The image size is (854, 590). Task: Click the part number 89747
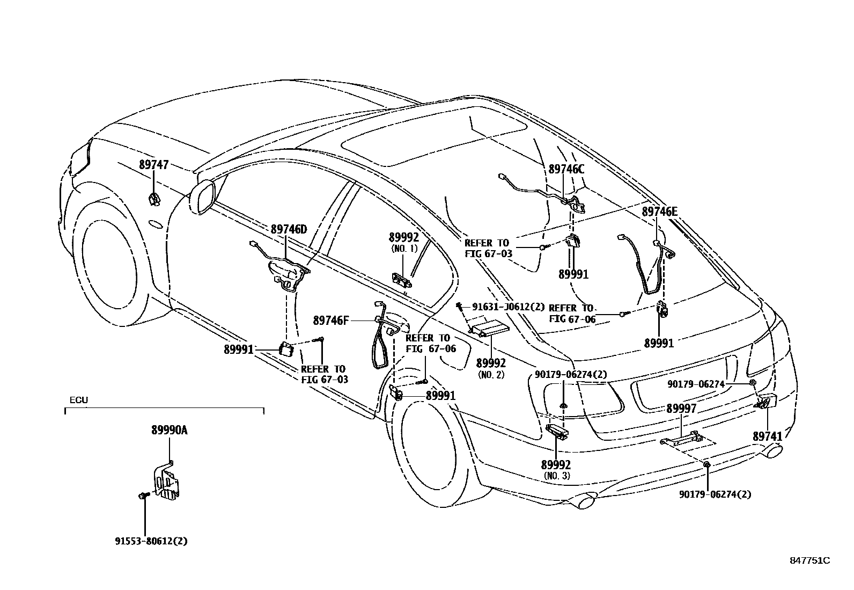click(153, 165)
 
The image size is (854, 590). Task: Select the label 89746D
click(289, 230)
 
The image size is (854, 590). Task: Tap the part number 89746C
click(566, 169)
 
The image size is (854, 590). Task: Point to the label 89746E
click(659, 212)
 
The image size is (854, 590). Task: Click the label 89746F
click(331, 321)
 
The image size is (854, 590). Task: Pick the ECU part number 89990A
click(169, 430)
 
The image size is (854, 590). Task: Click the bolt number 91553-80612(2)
click(151, 541)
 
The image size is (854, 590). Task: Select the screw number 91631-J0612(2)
click(508, 307)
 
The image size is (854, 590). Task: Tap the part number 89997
click(681, 409)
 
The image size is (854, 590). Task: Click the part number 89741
click(768, 436)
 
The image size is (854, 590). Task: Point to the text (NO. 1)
click(403, 249)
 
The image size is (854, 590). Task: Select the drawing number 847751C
click(809, 560)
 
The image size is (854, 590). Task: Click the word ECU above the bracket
click(79, 400)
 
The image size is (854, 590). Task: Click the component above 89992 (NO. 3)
click(556, 430)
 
